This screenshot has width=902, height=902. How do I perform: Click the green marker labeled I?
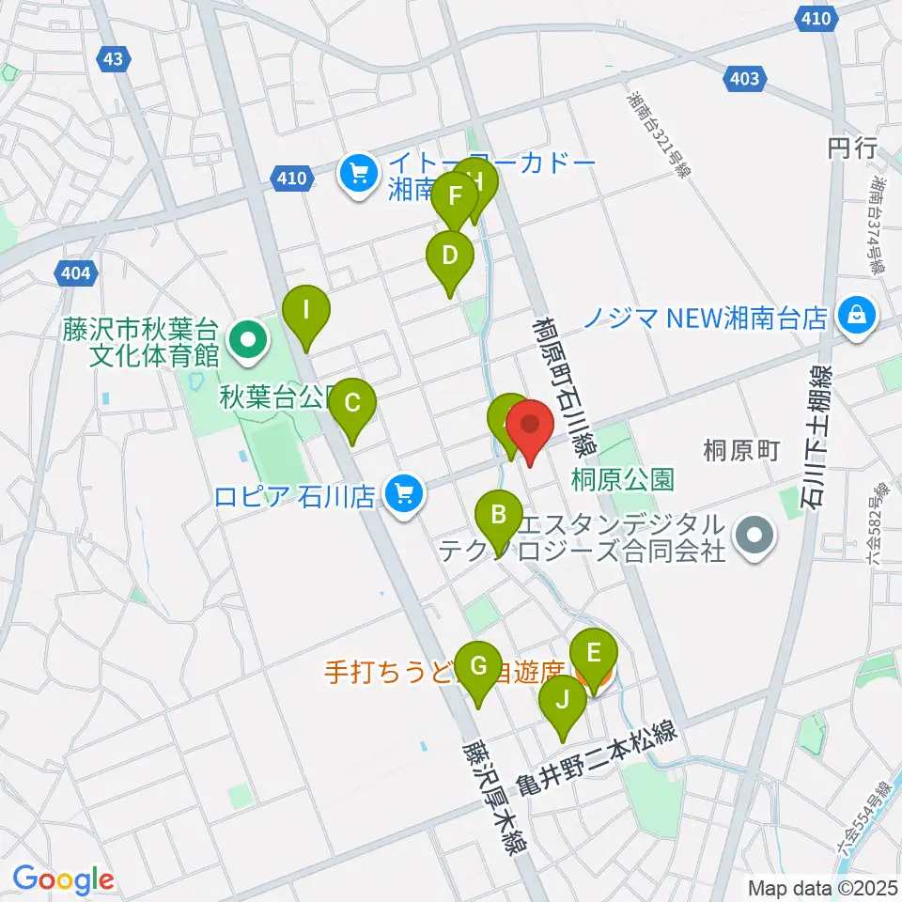coord(306,307)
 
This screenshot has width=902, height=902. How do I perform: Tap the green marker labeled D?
coord(450,255)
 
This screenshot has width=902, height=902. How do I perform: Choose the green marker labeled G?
coord(478,666)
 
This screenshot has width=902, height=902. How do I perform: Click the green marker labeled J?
coord(562,700)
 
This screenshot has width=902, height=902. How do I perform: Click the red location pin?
coord(531,425)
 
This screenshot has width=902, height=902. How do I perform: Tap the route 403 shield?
coord(744,79)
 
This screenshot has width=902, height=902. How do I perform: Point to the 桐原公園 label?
coord(623,479)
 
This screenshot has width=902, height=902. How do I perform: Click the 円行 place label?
coord(851,148)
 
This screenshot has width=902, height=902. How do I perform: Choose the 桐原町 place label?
coord(743,451)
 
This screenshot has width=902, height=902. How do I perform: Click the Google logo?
coord(63,880)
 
